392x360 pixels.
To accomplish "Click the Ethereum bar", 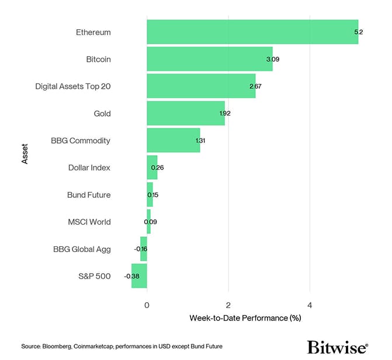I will (252, 32).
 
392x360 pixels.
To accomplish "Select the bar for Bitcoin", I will (209, 59).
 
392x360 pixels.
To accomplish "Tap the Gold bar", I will (185, 113).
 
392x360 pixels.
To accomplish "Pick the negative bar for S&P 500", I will (139, 276).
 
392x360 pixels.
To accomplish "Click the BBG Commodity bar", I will (173, 141).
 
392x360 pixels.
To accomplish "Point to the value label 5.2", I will (359, 32).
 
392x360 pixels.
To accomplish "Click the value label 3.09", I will (272, 59).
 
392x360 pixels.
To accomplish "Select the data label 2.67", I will (255, 86).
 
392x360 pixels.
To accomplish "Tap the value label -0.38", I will (132, 276).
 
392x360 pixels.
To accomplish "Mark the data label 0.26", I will (157, 167).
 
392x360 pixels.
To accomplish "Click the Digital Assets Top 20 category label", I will (73, 86).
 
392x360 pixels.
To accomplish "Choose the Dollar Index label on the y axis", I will (89, 167).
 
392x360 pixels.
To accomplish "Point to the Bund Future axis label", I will (89, 195).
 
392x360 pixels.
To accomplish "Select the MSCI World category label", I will (89, 222).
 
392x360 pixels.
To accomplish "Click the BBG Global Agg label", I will (82, 249).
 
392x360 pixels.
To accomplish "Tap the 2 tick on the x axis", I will (228, 305).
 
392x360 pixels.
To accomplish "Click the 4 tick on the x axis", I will (310, 305).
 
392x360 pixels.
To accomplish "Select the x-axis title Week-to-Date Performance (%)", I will (245, 319).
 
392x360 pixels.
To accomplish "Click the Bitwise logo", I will (337, 347).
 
